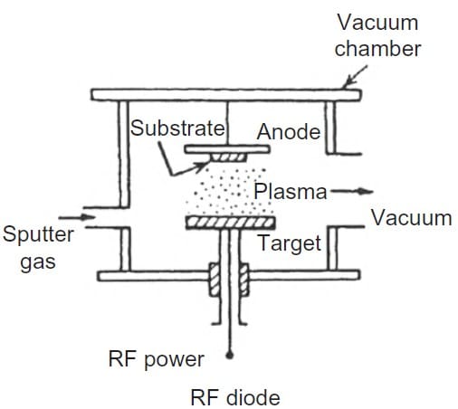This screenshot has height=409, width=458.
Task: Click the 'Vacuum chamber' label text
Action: coord(377,35)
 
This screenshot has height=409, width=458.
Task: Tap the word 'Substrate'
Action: coord(177,128)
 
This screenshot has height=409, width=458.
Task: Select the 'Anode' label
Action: coord(289,132)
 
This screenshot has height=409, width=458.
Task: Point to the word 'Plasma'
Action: coord(291,192)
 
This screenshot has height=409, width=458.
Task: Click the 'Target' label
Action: coord(290,243)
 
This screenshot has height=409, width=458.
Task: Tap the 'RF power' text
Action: coord(157,359)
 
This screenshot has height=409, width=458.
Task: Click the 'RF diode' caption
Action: coord(235,397)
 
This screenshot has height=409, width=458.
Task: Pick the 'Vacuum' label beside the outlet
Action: coord(412,218)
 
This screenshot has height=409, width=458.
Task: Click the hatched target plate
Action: coord(231,223)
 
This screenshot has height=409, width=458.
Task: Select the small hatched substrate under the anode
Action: coord(228,157)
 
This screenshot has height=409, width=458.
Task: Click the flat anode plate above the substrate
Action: coord(227,149)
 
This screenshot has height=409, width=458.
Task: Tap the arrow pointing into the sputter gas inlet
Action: coord(77,217)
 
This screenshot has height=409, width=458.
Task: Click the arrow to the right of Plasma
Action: coord(352,191)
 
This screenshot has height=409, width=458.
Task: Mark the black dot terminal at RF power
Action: coord(230,356)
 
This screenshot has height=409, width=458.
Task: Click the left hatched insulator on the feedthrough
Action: coord(215,280)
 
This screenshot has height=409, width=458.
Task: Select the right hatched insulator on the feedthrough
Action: coord(243,280)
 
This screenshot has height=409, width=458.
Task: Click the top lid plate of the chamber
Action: coord(226,95)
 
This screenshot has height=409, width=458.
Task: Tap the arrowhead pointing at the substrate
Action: coord(203,166)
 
